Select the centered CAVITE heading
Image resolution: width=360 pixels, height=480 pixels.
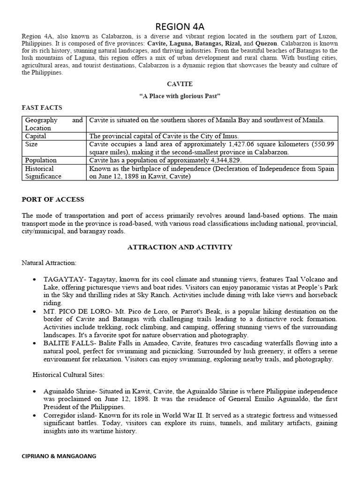(x=180, y=83)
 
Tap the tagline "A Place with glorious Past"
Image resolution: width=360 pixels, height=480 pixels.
(x=180, y=96)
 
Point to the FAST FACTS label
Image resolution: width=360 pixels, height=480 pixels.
(x=42, y=108)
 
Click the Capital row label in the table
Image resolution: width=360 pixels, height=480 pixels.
(x=36, y=136)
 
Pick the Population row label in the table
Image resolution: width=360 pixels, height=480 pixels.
(x=41, y=160)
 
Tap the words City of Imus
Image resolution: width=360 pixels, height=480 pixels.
(x=221, y=136)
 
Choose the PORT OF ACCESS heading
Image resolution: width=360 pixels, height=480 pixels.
(x=53, y=199)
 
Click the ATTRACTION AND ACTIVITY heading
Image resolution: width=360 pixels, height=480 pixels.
(x=180, y=247)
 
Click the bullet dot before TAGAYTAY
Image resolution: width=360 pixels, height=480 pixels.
(x=35, y=279)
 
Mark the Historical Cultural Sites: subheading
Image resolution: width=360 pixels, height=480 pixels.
(x=69, y=375)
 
